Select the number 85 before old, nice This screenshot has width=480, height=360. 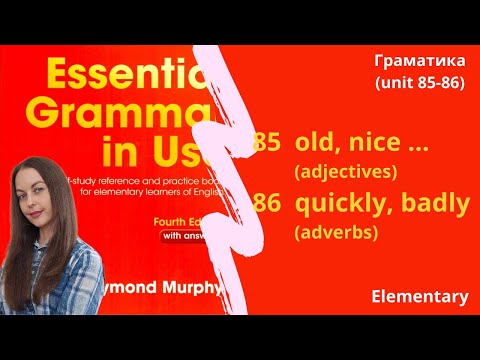pyautogui.click(x=267, y=143)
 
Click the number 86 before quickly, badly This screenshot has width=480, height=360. pyautogui.click(x=267, y=204)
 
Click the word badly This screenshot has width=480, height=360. pyautogui.click(x=432, y=204)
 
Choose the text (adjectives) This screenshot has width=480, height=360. pyautogui.click(x=346, y=171)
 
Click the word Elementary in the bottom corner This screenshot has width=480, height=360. pyautogui.click(x=419, y=296)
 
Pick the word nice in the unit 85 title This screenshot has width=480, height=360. pyautogui.click(x=372, y=143)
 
